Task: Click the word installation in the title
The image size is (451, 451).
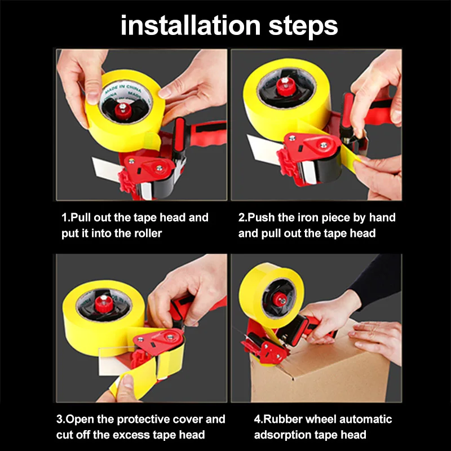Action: click(x=191, y=26)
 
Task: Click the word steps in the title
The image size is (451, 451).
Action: click(x=303, y=27)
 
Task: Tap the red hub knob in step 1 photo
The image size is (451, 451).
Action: click(x=123, y=109)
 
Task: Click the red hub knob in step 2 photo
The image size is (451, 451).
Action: click(x=285, y=86)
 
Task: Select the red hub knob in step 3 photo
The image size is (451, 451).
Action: click(x=104, y=303)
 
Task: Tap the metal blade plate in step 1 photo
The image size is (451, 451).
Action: click(x=107, y=169)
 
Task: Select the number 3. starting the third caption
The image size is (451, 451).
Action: click(x=61, y=419)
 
